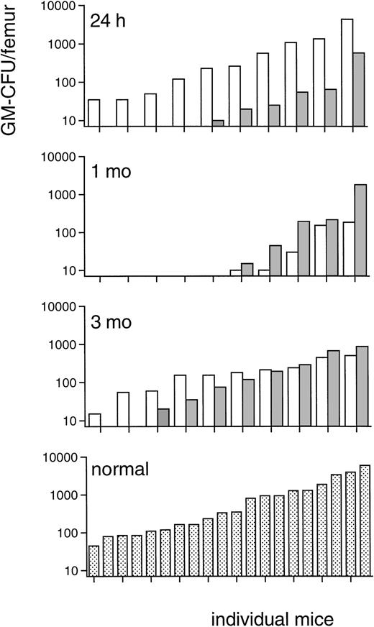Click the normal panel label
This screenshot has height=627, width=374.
click(119, 472)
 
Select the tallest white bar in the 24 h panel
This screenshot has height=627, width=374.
click(347, 72)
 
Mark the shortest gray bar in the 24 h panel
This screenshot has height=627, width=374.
click(218, 123)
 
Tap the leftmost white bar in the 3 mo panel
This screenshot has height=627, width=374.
click(95, 420)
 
